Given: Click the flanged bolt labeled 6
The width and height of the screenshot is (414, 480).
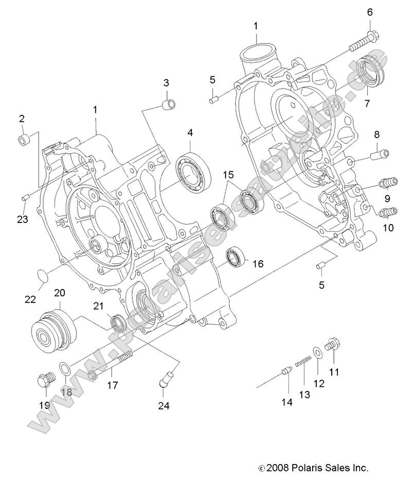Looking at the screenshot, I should click(x=362, y=42).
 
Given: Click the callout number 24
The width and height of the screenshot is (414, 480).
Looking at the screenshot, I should click(x=163, y=405).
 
